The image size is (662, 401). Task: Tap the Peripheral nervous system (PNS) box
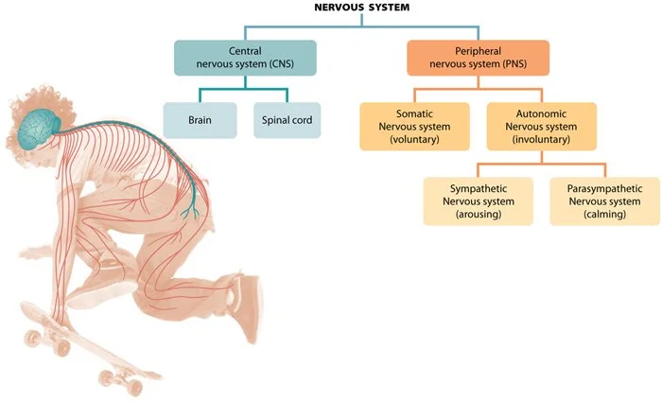click(478, 57)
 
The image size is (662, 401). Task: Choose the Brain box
click(199, 121)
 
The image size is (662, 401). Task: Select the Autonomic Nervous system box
click(542, 127)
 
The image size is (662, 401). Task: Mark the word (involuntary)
click(542, 141)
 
